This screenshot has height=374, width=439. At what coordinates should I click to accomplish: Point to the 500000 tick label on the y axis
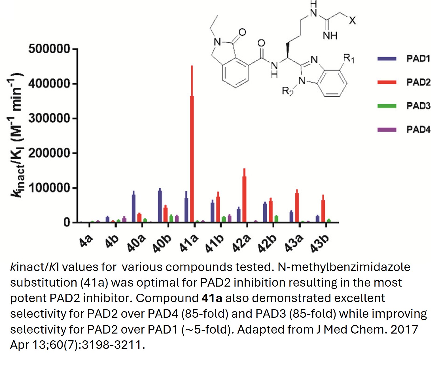click(49, 49)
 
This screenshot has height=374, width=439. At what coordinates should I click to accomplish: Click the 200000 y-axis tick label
click(49, 153)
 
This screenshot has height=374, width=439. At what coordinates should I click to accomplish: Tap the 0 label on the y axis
click(67, 223)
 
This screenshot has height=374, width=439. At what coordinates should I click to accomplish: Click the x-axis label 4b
click(112, 241)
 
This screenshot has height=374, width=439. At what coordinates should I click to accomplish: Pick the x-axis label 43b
click(320, 243)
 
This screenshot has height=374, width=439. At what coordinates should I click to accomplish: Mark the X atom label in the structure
click(352, 20)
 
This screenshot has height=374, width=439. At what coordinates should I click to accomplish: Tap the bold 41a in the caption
click(212, 298)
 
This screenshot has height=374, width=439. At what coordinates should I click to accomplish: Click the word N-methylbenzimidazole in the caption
click(344, 267)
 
